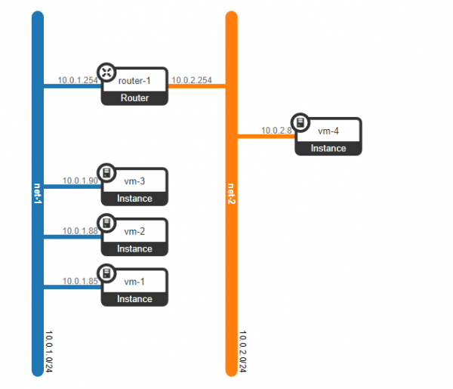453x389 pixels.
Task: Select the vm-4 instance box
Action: (329, 137)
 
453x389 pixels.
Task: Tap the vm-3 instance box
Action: (135, 187)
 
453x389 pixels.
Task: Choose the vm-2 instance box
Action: (135, 236)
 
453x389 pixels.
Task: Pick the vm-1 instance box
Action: (135, 287)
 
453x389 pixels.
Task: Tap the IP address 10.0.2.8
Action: (276, 131)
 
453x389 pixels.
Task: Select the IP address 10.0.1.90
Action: (81, 181)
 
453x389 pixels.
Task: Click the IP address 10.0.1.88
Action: (81, 230)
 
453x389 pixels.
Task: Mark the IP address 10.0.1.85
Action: (81, 281)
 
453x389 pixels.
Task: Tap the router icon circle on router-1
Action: (106, 72)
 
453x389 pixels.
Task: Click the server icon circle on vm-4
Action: (300, 122)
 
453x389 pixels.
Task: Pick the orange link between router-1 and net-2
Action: (196, 86)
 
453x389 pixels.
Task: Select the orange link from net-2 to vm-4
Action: (264, 137)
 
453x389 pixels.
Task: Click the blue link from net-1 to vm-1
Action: (72, 287)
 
